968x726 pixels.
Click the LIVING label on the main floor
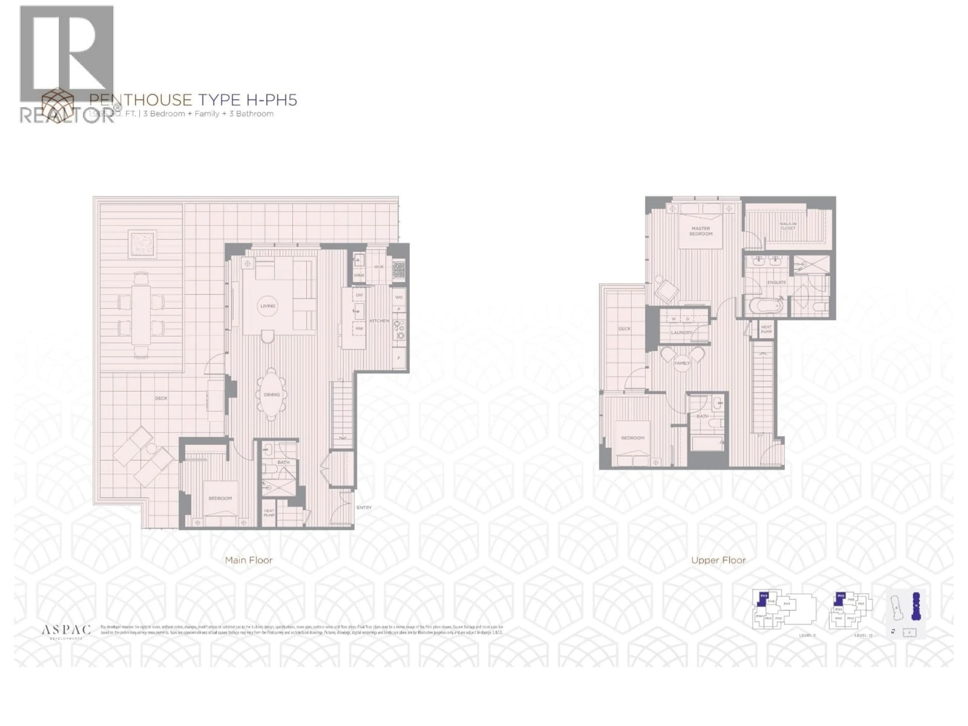coord(268,306)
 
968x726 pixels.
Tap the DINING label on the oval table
coord(272,394)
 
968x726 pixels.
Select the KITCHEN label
coord(379,321)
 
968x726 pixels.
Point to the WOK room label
coord(379,266)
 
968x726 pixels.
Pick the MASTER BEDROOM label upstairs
coord(701,231)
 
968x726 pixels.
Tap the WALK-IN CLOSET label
coord(788,226)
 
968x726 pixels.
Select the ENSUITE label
coord(777,282)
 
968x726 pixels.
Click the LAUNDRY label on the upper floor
coord(682,332)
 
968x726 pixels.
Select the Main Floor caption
coord(249,560)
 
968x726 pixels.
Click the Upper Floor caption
coord(718,560)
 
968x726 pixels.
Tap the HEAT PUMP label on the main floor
coord(269,513)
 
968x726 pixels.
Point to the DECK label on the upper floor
coord(624,329)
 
